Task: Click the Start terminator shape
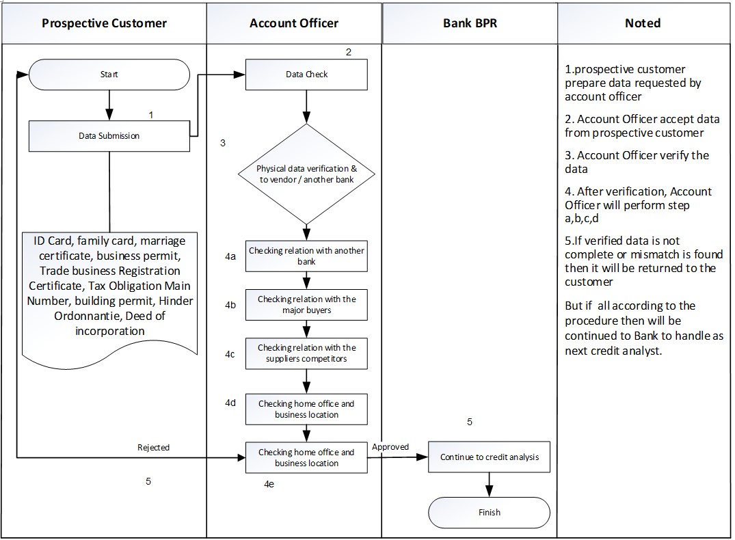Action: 109,74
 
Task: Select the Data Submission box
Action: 109,136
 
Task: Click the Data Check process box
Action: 306,75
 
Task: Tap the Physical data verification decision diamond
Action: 306,174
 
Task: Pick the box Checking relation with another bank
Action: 306,256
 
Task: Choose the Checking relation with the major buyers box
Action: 306,304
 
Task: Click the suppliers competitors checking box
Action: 306,353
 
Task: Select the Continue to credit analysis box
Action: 489,457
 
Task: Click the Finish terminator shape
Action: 489,512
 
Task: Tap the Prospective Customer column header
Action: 104,23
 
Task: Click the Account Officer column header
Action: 294,23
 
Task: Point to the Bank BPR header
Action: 470,23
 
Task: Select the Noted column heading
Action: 643,23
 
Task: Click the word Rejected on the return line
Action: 153,448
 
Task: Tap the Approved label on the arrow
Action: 390,447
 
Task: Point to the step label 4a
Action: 230,256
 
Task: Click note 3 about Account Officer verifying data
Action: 637,162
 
